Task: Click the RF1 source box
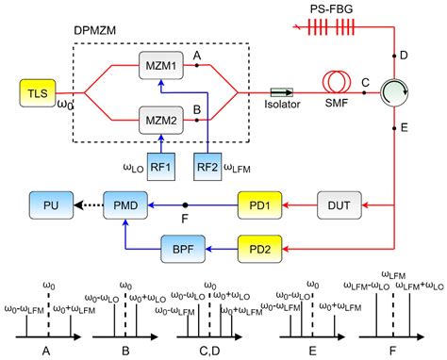160,165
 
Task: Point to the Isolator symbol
281,93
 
